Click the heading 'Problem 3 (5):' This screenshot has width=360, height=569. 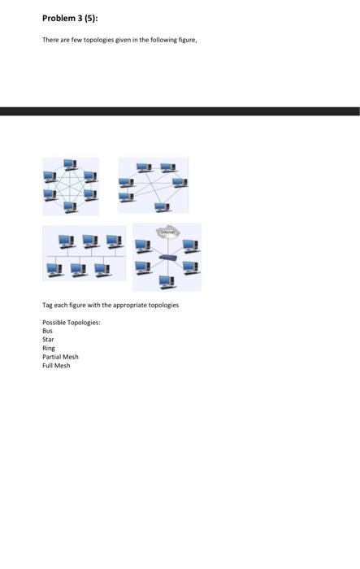tap(70, 19)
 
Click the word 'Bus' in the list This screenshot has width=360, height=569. tap(47, 331)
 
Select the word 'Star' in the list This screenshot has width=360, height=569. tap(48, 340)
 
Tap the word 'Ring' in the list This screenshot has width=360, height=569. tap(49, 348)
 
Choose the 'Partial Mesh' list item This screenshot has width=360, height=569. tap(60, 357)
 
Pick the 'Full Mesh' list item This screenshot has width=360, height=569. tap(56, 366)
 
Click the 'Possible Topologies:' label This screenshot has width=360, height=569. tap(72, 323)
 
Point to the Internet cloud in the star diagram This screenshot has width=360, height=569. tap(167, 232)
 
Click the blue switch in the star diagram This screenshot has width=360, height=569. tap(167, 258)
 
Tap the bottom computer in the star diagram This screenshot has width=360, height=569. tap(166, 281)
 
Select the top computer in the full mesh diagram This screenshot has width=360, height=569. tap(70, 164)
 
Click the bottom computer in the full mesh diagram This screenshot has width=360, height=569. tap(70, 206)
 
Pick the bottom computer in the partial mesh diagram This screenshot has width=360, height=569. tap(162, 206)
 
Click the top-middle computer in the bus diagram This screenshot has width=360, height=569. tap(90, 241)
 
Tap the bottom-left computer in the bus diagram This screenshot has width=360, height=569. tap(55, 268)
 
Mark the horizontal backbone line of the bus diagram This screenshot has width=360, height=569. tap(85, 255)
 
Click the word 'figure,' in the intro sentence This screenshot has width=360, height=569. tap(185, 39)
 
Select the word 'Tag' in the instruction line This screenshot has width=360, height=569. tap(47, 305)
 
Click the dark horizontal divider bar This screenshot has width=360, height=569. tap(180, 111)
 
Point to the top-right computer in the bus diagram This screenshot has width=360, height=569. tap(114, 241)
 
